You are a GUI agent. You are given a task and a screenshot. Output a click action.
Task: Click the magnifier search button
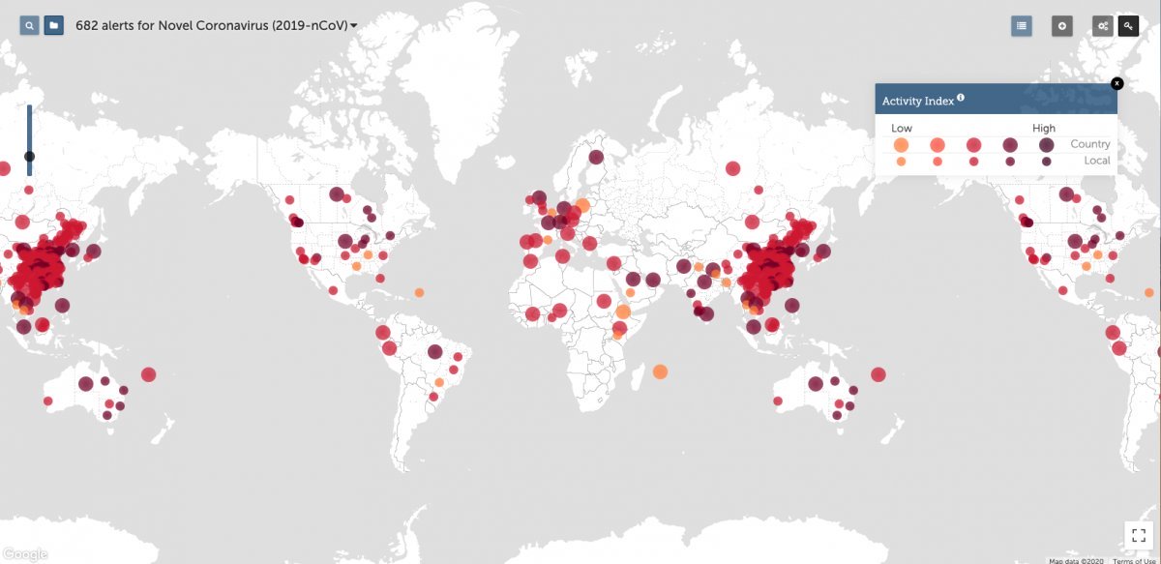pyautogui.click(x=30, y=25)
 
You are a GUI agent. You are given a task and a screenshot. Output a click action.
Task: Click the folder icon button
pyautogui.click(x=54, y=25)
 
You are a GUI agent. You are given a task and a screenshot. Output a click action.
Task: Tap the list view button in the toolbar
pyautogui.click(x=1021, y=26)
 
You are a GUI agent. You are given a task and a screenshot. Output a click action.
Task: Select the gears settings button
pyautogui.click(x=1102, y=26)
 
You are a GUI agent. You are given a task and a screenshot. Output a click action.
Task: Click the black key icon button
pyautogui.click(x=1128, y=26)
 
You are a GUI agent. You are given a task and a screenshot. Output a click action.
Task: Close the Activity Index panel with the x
pyautogui.click(x=1116, y=83)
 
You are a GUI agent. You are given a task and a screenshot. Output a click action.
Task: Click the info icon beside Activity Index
pyautogui.click(x=961, y=98)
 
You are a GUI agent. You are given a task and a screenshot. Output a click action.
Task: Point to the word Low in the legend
pyautogui.click(x=902, y=128)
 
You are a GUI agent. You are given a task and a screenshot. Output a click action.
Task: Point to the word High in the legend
pyautogui.click(x=1044, y=128)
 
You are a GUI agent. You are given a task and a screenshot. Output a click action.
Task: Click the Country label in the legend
pyautogui.click(x=1089, y=144)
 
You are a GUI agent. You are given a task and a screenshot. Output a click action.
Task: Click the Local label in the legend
pyautogui.click(x=1097, y=161)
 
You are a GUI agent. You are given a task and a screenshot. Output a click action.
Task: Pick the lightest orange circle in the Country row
pyautogui.click(x=901, y=145)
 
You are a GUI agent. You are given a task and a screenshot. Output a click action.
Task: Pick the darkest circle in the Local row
pyautogui.click(x=1046, y=162)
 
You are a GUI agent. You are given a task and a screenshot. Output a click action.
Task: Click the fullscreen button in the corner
pyautogui.click(x=1137, y=534)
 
